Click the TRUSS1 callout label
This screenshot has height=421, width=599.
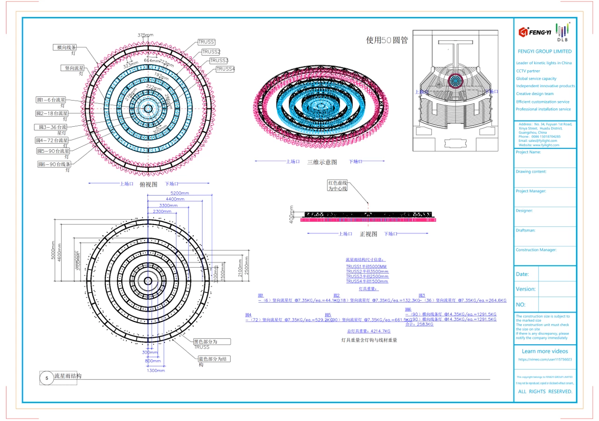tap(206, 42)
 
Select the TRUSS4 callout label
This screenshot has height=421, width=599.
tap(225, 69)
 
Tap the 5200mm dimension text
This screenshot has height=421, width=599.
tap(180, 193)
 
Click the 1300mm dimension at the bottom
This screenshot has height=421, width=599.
tap(156, 370)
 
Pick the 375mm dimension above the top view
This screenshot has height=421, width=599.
tap(146, 35)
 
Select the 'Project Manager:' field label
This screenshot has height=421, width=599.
tap(531, 191)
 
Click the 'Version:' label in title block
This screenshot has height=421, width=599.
tap(526, 289)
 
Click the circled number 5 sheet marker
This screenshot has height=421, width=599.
tap(46, 377)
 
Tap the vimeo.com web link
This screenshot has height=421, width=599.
tap(545, 360)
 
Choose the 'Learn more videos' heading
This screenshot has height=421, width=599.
tap(545, 351)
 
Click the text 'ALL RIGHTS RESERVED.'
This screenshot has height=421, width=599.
tap(545, 392)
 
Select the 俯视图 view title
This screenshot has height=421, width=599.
tap(148, 184)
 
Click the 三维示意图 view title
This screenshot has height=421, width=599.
tap(322, 162)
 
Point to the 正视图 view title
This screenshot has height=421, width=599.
tap(368, 234)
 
